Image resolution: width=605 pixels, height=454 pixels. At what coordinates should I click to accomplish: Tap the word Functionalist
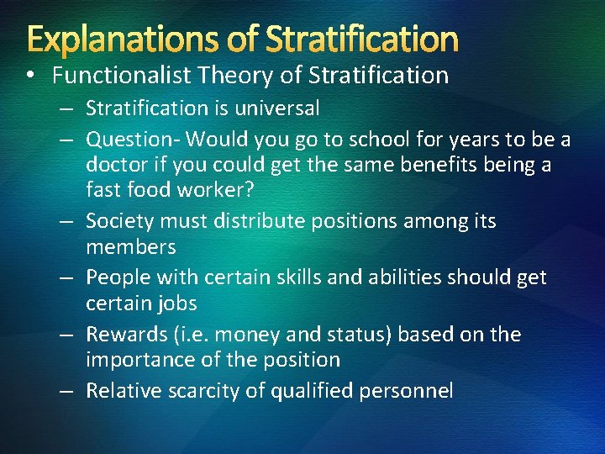tap(122, 76)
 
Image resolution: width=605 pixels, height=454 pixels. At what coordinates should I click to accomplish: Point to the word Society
tap(118, 221)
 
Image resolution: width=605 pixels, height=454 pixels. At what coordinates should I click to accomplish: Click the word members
tap(131, 247)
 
